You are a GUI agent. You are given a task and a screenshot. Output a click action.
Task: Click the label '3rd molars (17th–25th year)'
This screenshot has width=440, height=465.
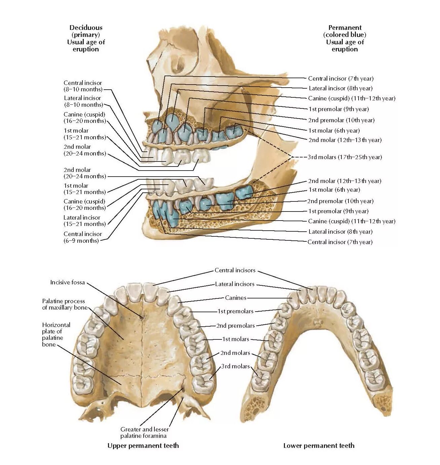point(345,157)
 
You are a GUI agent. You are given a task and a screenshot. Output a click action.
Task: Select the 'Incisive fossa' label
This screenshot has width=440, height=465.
point(67,282)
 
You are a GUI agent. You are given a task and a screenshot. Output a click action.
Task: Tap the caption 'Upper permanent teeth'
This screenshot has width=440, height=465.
point(143,446)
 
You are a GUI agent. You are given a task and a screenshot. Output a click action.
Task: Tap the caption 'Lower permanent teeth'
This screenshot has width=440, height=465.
point(319,446)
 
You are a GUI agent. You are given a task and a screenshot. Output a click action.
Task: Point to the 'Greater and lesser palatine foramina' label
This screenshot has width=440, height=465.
point(144,432)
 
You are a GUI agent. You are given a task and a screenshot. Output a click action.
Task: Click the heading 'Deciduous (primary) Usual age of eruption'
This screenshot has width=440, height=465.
point(86,38)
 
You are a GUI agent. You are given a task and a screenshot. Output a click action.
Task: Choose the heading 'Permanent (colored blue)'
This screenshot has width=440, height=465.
point(345,31)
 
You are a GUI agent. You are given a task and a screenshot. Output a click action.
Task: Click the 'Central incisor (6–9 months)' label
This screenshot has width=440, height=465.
point(82,237)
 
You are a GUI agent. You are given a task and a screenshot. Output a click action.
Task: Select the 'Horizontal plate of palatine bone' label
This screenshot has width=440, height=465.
point(56,334)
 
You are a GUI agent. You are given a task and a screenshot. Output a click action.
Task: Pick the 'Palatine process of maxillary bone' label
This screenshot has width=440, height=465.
point(64,304)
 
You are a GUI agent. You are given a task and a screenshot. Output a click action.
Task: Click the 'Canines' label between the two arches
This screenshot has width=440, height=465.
point(235,298)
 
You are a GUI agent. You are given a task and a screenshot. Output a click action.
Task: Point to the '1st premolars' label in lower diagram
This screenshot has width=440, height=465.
point(235,311)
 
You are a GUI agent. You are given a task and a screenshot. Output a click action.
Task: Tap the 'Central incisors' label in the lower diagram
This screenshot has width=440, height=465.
point(235,270)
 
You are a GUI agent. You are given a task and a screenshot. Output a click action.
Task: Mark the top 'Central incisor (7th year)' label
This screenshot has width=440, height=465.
point(340,79)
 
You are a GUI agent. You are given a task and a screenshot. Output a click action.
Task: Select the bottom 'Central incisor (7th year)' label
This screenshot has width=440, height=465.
point(340,242)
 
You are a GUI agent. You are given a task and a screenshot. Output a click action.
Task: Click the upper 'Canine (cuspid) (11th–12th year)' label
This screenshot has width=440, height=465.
point(352,98)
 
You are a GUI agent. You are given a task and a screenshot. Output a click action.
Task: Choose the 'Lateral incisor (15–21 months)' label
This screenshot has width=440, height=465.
point(84,221)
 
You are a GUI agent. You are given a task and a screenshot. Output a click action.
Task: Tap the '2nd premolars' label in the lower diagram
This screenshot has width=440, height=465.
point(235,326)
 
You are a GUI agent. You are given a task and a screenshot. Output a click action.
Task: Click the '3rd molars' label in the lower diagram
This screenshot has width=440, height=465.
point(235,366)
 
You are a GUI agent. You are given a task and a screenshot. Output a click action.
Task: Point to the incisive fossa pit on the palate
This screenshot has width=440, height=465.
point(142,316)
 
